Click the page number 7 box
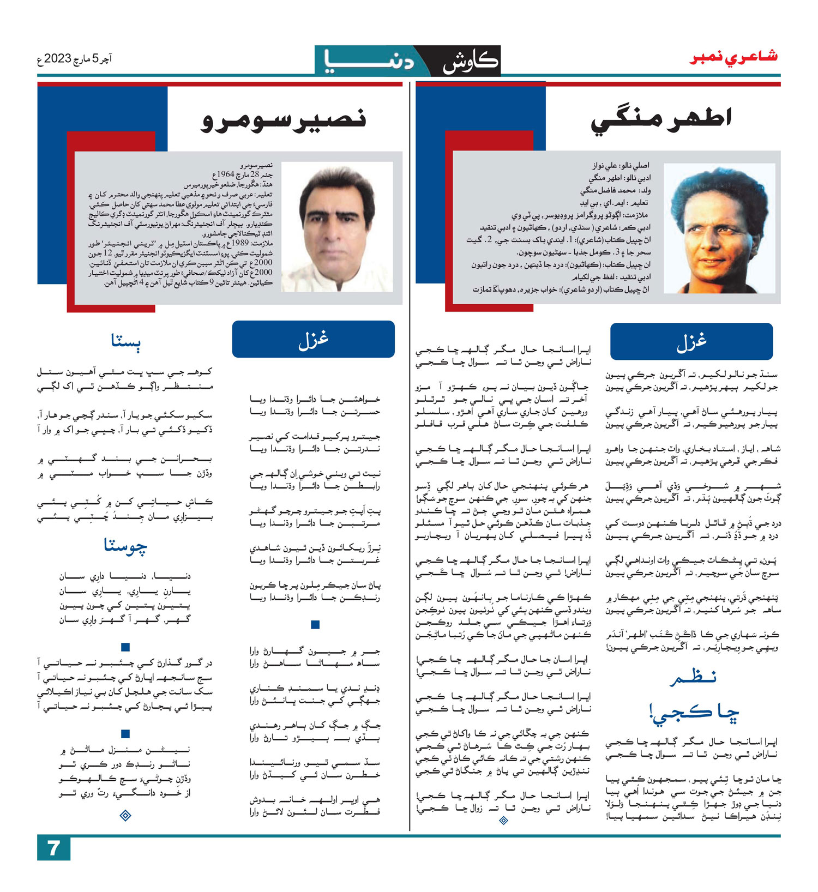coord(53,848)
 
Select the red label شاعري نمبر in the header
coord(733,57)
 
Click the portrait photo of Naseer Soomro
coord(337,226)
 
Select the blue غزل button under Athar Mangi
coord(691,341)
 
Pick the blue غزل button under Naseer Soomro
coord(313,339)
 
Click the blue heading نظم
coord(692,678)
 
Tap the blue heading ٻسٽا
coord(125,341)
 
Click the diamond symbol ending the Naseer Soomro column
coord(125,816)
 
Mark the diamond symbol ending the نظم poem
coord(503,820)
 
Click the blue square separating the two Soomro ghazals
coord(315,625)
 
